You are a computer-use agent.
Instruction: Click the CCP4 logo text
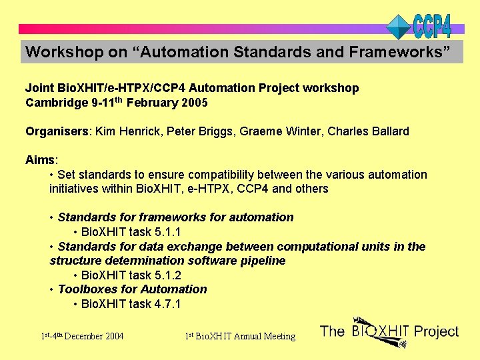click(433, 26)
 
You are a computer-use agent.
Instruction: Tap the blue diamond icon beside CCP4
click(399, 27)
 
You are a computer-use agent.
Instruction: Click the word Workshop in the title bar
click(55, 51)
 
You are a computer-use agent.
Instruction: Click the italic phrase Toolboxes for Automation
click(132, 289)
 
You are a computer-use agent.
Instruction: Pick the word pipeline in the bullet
click(261, 261)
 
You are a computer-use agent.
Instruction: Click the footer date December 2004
click(95, 336)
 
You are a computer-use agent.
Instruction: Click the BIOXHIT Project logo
click(389, 331)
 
